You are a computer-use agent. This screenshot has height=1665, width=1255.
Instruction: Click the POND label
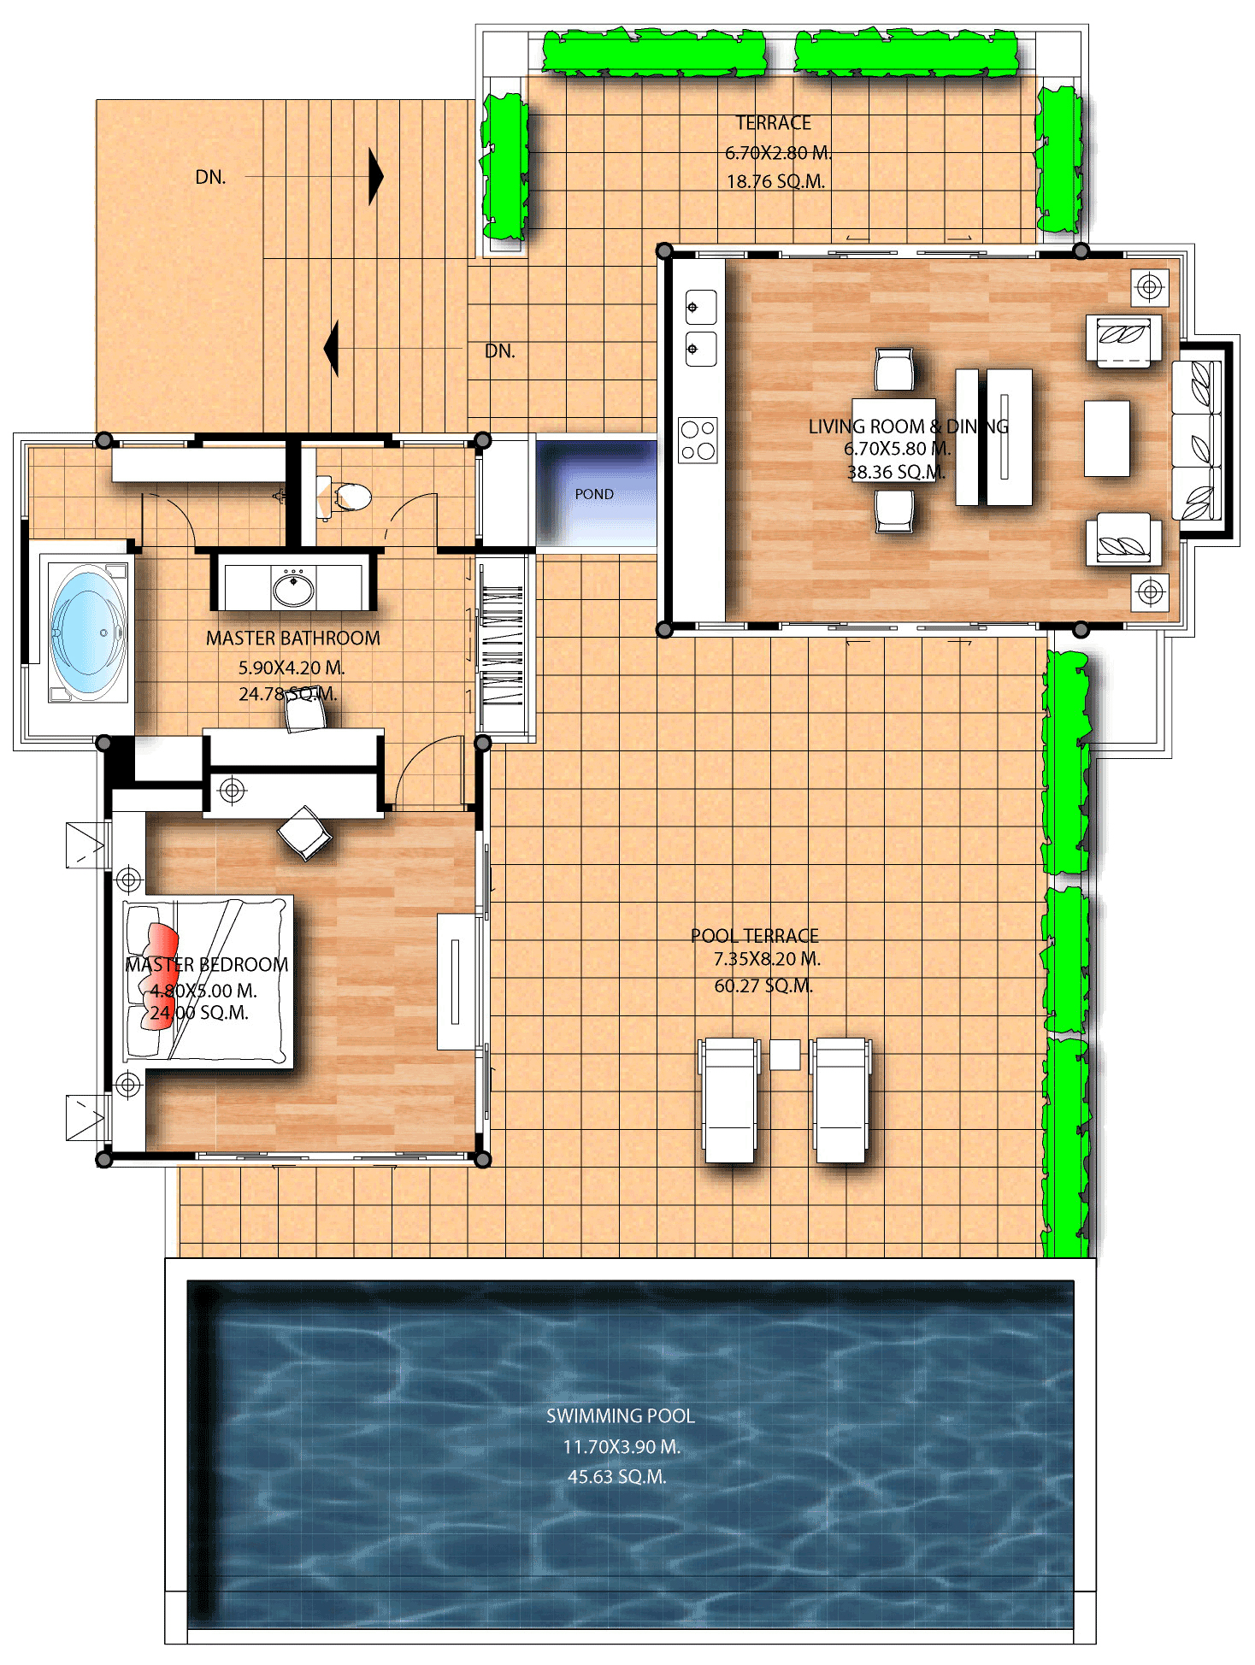pos(594,494)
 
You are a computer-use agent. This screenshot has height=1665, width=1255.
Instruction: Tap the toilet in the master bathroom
pos(349,497)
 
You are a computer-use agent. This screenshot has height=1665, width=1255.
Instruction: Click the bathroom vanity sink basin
pos(293,587)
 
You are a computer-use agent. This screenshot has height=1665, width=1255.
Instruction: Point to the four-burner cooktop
pos(698,440)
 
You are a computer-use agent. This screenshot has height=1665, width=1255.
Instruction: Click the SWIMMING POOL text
pos(620,1416)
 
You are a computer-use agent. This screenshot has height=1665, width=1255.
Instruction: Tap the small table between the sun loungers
pos(785,1054)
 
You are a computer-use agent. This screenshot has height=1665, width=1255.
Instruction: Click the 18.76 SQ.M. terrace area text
pos(775,181)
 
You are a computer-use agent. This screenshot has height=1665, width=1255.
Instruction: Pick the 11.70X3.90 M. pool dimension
pos(622,1447)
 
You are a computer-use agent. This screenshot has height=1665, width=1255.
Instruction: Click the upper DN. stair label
pos(211,178)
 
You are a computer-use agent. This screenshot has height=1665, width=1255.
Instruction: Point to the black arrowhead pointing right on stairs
pos(375,177)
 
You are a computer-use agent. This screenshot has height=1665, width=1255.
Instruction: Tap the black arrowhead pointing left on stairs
pos(332,349)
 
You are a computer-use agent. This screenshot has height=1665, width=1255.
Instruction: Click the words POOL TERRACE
pos(755,936)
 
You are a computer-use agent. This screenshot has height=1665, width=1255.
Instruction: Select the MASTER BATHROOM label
pos(293,638)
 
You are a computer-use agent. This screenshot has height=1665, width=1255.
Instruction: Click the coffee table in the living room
pos(1106,438)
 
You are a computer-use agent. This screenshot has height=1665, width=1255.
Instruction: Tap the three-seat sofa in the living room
pos(1197,440)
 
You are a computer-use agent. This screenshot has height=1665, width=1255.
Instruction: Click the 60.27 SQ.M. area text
pos(763,986)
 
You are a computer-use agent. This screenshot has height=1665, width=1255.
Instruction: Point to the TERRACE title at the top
pos(774,123)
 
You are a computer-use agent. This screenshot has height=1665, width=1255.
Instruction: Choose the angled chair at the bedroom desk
pos(304,832)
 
